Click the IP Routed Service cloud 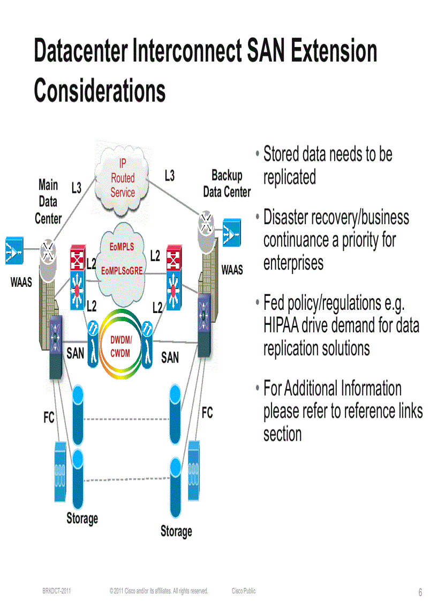pos(122,177)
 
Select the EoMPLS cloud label pos(122,247)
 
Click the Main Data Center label pos(48,202)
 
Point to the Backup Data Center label pos(227,183)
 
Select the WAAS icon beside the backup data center pos(231,233)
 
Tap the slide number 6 pos(420,592)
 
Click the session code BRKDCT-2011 pos(57,591)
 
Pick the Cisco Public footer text pos(244,591)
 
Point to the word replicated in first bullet pos(289,177)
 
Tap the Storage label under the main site pos(82,518)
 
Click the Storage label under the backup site pos(176,531)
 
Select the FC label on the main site pos(49,418)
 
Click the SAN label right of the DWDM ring pos(170,357)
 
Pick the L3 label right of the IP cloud pos(169,175)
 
